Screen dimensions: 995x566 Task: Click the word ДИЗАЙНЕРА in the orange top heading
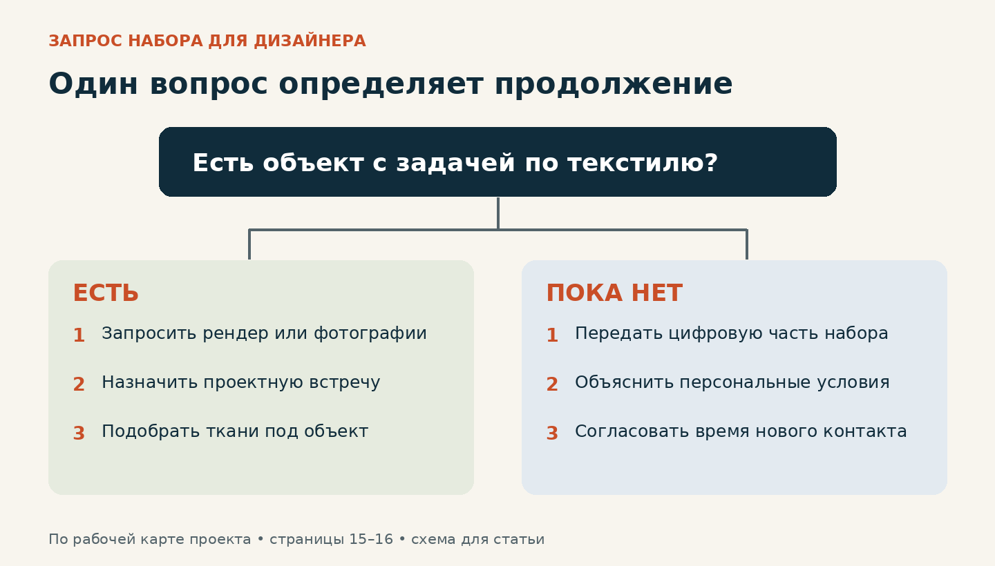point(310,41)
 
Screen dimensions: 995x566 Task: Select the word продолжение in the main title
point(614,84)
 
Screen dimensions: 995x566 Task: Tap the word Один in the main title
point(93,84)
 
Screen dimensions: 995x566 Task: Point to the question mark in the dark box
point(710,162)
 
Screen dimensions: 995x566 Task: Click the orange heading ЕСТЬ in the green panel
point(106,293)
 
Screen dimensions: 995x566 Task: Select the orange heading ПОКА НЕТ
point(614,293)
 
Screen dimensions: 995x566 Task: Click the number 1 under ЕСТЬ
point(79,335)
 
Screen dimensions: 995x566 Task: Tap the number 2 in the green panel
point(79,384)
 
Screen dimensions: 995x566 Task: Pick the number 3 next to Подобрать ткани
point(79,433)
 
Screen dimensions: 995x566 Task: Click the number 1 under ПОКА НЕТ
point(552,335)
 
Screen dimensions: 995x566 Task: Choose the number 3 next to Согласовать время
point(552,433)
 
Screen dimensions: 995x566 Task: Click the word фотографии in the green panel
point(370,333)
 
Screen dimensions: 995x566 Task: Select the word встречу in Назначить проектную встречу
point(345,382)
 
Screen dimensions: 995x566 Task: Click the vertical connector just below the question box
point(498,213)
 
